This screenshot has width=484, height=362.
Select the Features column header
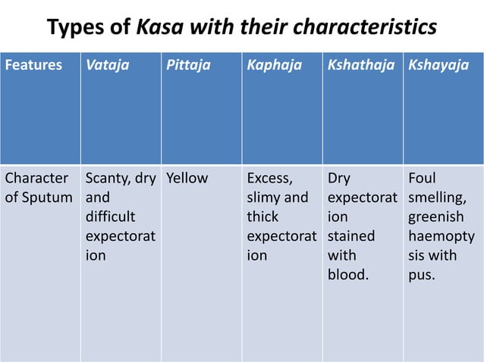tap(34, 65)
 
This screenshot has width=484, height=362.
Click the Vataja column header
tap(107, 65)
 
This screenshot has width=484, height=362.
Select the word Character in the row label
tap(36, 179)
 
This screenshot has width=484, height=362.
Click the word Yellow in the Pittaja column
tap(187, 179)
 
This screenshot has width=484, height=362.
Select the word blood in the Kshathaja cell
tap(348, 274)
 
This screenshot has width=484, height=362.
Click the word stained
tap(351, 236)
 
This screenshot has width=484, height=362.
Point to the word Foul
tap(422, 179)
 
